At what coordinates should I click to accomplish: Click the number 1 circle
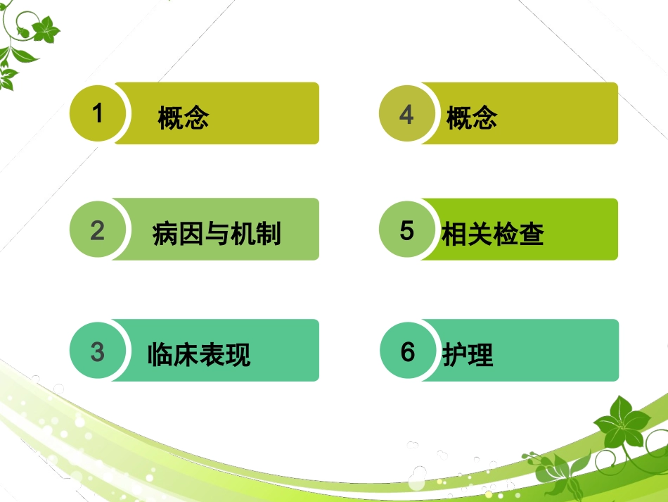[x=98, y=113]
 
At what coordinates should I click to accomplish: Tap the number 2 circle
[x=98, y=230]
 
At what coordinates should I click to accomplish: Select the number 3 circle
[x=98, y=351]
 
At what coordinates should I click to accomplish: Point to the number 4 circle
[x=407, y=114]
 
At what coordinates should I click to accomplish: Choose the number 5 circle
[x=407, y=230]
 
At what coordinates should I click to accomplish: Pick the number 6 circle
[x=408, y=351]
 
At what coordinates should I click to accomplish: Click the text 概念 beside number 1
[x=184, y=118]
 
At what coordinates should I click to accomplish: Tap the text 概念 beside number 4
[x=472, y=118]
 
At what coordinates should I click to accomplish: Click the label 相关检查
[x=493, y=234]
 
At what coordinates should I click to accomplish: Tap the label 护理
[x=468, y=355]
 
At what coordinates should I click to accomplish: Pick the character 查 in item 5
[x=532, y=234]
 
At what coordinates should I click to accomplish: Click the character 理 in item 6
[x=481, y=355]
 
